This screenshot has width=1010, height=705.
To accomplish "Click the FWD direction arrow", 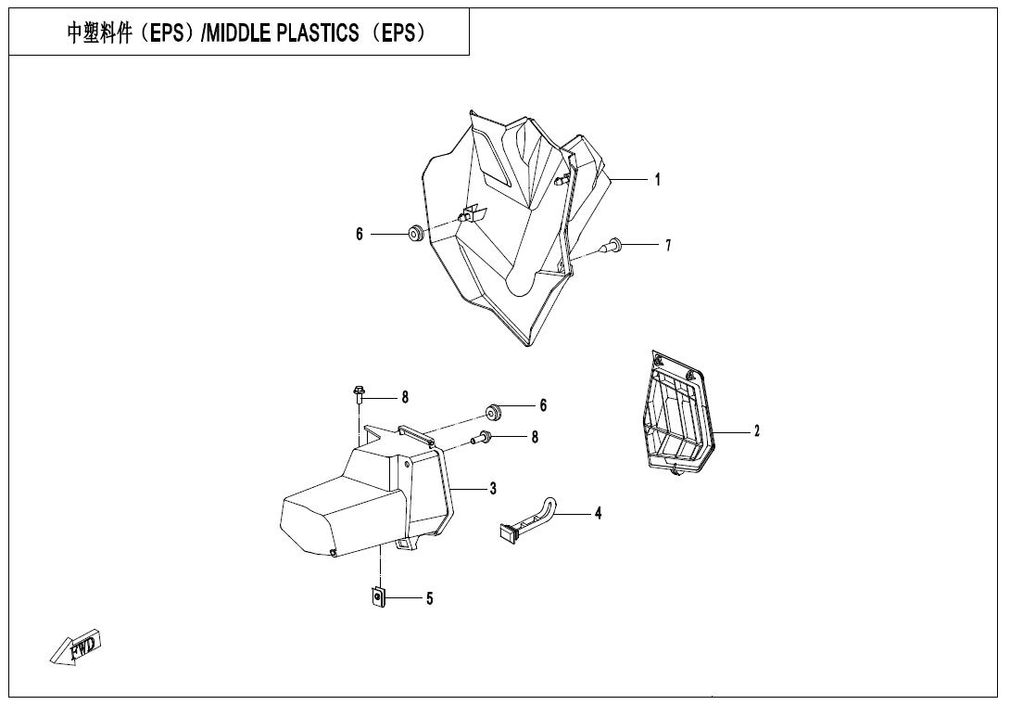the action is (x=76, y=647).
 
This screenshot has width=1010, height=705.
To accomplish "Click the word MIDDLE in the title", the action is (x=238, y=32).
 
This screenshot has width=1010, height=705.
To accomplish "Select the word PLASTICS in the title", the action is (x=318, y=32).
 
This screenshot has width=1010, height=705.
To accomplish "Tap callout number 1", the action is (x=657, y=179).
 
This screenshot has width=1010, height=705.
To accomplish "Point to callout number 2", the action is (x=757, y=430).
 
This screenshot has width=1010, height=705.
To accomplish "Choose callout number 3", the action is (x=493, y=488).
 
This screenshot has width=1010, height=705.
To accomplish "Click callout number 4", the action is (x=598, y=513).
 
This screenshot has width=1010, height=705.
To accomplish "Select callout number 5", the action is (x=430, y=598).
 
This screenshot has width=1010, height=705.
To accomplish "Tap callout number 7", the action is (x=668, y=245).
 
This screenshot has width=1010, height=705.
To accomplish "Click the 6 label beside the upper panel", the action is (x=360, y=234).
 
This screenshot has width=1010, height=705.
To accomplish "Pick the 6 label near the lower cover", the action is (x=543, y=405).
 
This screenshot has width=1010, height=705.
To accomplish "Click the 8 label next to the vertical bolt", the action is (x=405, y=397).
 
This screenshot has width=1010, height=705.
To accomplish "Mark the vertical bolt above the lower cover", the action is (x=360, y=394).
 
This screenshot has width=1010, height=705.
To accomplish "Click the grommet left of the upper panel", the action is (x=416, y=234).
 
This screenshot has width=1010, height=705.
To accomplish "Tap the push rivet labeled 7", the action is (x=612, y=245).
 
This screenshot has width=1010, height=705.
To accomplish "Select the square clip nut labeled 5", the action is (x=379, y=597).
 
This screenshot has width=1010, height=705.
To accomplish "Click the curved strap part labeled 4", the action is (x=525, y=518).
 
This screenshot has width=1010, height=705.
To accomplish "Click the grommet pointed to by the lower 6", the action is (x=494, y=411).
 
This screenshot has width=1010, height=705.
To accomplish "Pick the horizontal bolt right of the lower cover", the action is (x=483, y=439).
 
